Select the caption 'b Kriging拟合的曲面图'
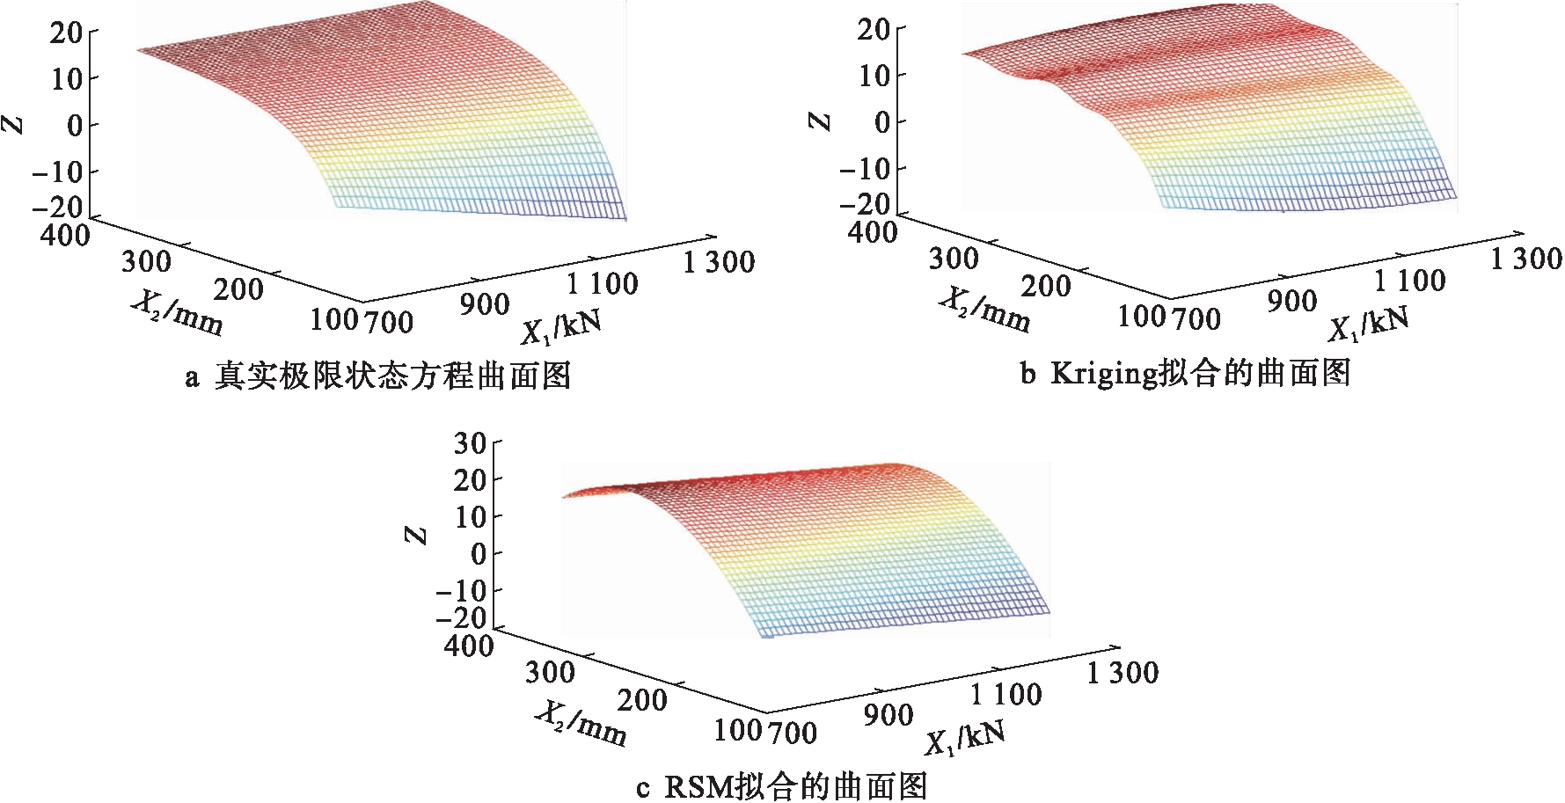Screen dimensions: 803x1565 point(1185,374)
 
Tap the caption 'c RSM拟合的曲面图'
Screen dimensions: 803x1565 point(781,785)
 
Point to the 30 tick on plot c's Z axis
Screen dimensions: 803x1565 point(470,442)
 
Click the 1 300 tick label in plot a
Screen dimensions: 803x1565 point(718,262)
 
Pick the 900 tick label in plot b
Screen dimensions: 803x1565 point(1292,302)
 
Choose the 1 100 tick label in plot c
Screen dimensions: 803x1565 point(1006,695)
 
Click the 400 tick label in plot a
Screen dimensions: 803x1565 point(65,235)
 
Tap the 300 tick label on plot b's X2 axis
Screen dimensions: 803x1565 point(954,259)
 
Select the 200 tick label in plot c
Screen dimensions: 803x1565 point(641,700)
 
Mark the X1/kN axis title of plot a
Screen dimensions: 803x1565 point(561,327)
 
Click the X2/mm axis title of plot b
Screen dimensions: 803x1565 point(984,310)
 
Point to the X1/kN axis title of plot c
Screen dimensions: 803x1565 point(964,740)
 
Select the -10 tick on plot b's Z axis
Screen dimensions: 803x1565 point(866,167)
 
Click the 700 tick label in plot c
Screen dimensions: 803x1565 point(793,732)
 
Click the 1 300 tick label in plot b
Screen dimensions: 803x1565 point(1525,259)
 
